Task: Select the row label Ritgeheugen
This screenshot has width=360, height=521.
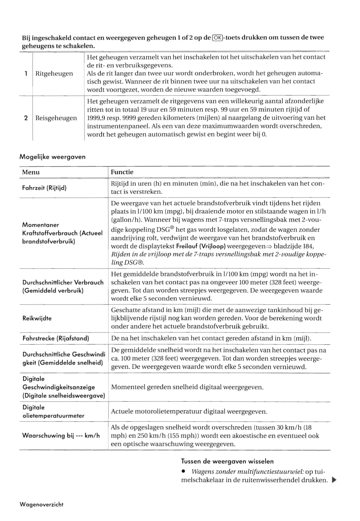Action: (54, 74)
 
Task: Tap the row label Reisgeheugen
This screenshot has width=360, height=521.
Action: (56, 118)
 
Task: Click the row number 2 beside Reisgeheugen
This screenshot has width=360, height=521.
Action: (26, 118)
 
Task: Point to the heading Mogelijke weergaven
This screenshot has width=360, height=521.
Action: (52, 157)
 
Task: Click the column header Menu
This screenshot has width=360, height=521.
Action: (31, 172)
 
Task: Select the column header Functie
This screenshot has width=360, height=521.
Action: (122, 172)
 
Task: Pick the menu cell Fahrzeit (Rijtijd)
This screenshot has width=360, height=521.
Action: (44, 188)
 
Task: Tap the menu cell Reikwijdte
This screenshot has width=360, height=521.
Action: (37, 318)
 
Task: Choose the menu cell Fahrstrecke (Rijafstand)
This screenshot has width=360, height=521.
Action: (55, 339)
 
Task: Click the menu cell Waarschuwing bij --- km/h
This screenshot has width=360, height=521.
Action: (61, 436)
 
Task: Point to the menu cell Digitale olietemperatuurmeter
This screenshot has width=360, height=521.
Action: (53, 411)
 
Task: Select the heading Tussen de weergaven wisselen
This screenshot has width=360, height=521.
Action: (227, 461)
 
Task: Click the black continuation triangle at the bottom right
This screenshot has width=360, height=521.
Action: (334, 480)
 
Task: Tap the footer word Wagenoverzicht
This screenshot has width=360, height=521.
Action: (41, 505)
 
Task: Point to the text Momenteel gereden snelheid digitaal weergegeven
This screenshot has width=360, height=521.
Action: (187, 387)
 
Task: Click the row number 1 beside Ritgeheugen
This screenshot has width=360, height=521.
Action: (26, 74)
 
